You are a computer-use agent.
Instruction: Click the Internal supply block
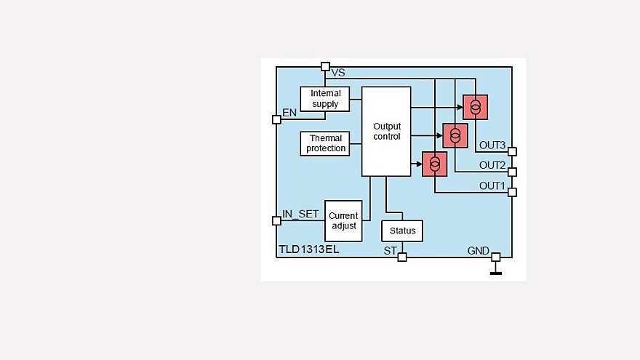tap(324, 99)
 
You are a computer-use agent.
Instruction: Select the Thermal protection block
tap(326, 143)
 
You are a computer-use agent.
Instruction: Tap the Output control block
tap(386, 131)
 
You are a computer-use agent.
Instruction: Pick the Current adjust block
tap(343, 220)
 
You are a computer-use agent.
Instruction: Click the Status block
tap(402, 231)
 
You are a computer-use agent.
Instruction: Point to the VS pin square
tap(325, 67)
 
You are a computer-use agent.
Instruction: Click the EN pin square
tap(276, 119)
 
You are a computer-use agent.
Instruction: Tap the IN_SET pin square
tap(276, 220)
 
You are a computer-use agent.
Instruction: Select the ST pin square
tap(402, 257)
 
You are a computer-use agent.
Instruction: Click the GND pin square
tap(495, 257)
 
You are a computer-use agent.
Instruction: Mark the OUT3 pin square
tap(512, 152)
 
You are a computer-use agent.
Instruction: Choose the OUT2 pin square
tap(512, 172)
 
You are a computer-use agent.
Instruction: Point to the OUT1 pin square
tap(512, 192)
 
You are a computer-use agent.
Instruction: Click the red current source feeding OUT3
tap(475, 107)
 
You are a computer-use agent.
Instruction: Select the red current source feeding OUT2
tap(455, 135)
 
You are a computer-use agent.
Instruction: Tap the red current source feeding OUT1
tap(435, 164)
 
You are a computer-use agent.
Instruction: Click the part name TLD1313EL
tap(309, 249)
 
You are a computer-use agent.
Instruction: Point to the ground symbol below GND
tap(495, 272)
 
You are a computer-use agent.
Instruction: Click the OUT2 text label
tap(492, 166)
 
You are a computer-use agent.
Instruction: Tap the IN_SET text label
tap(300, 214)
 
